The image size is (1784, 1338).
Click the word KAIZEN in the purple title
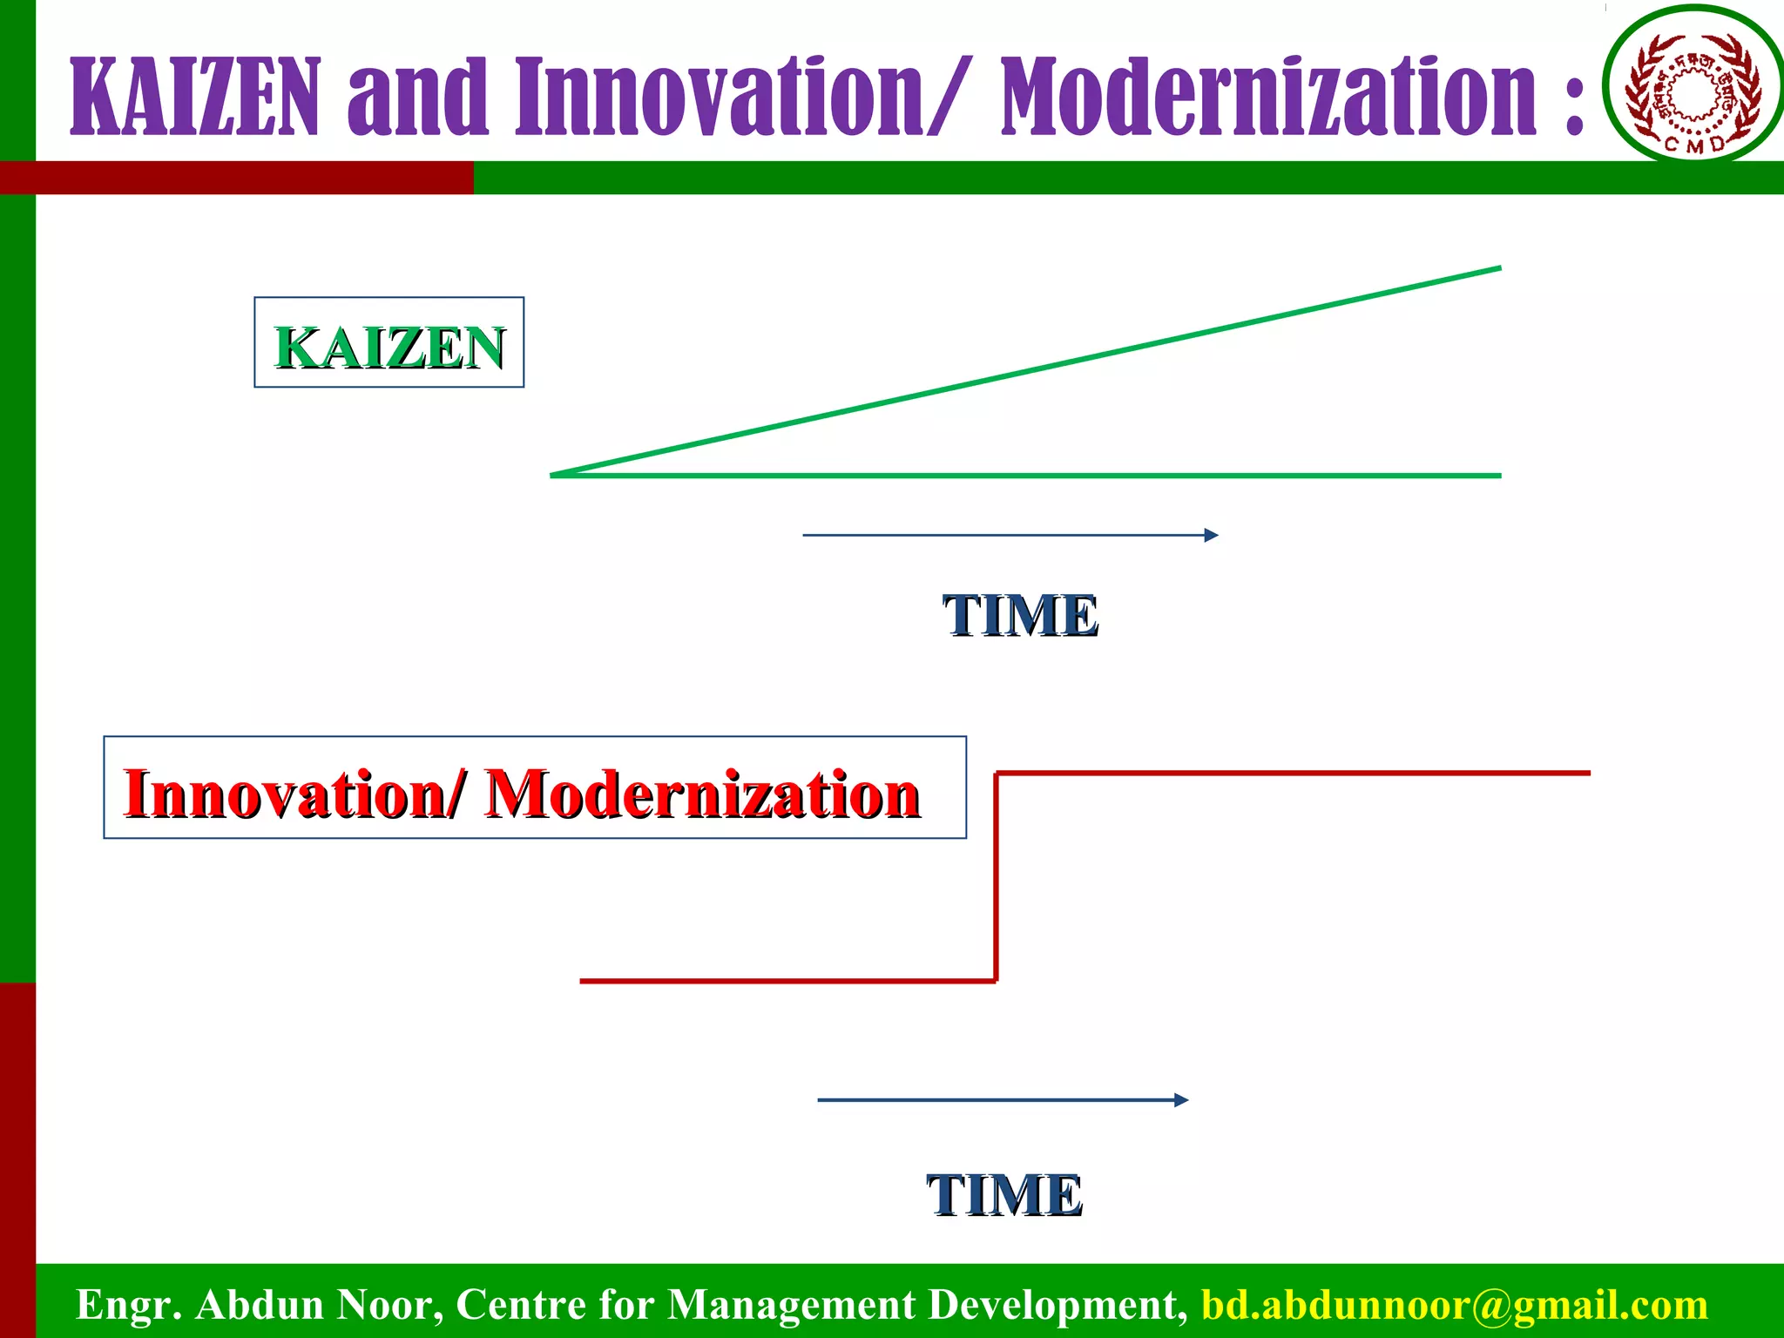(x=195, y=98)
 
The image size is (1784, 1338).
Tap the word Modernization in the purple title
(x=1268, y=98)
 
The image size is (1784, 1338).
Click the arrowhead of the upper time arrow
(x=1212, y=535)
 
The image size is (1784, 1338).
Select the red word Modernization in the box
(x=702, y=794)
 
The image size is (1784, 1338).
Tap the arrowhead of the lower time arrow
(x=1182, y=1100)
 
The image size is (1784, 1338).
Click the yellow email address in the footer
(x=1454, y=1305)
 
